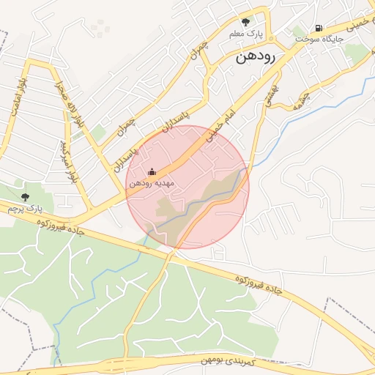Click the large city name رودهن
[255, 59]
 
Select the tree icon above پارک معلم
[245, 21]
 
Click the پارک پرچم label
[21, 209]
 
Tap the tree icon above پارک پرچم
[26, 196]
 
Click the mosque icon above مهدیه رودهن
[152, 171]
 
